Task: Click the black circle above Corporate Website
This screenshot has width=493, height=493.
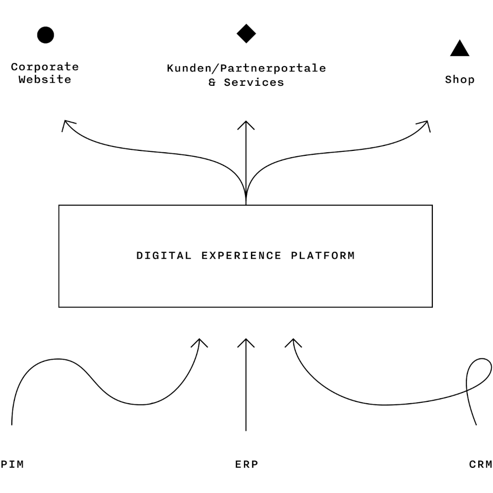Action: [x=45, y=35]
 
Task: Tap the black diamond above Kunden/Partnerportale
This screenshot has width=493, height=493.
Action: [x=246, y=34]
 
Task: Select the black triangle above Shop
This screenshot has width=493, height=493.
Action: [x=459, y=49]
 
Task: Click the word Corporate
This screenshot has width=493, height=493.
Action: [x=45, y=67]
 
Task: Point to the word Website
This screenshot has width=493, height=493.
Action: [x=45, y=79]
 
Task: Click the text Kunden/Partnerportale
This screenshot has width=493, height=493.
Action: [x=246, y=68]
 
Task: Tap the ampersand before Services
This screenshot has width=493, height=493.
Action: [x=212, y=82]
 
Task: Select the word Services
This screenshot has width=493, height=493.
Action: [x=254, y=82]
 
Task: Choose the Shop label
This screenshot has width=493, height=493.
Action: [x=459, y=79]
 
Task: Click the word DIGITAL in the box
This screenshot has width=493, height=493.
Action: [x=164, y=256]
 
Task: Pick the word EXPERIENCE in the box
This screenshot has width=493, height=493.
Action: [x=242, y=256]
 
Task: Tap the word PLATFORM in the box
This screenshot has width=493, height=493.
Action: [x=323, y=256]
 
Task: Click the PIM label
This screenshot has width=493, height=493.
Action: [x=12, y=464]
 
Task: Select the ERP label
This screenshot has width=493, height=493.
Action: [x=246, y=464]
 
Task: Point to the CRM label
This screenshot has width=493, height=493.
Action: [x=481, y=464]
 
